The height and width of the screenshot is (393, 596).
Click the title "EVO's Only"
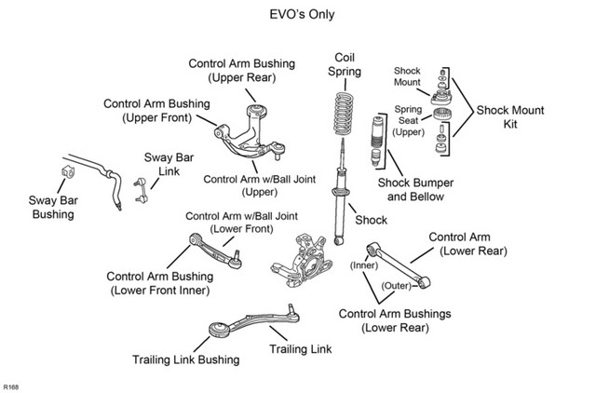click(x=302, y=15)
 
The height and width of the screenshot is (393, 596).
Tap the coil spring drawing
click(x=344, y=114)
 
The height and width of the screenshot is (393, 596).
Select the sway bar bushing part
click(x=68, y=171)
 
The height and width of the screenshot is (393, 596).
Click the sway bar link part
click(x=141, y=190)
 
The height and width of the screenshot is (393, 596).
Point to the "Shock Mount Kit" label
click(x=510, y=117)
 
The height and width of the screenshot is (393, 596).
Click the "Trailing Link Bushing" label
click(x=186, y=359)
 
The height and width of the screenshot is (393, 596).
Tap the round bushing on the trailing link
click(x=220, y=330)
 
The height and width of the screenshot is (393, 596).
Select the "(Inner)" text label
click(x=364, y=264)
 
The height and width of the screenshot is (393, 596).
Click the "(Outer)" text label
click(x=397, y=286)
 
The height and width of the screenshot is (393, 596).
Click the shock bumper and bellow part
click(x=375, y=141)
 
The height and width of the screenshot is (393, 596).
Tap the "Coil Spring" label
click(x=345, y=64)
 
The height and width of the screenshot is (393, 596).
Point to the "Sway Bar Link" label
click(x=169, y=164)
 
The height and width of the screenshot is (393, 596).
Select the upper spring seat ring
click(x=442, y=114)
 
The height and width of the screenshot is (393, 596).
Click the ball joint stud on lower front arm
click(x=236, y=255)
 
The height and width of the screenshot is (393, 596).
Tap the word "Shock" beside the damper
click(x=371, y=220)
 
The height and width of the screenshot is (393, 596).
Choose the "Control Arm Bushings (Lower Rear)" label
click(x=395, y=320)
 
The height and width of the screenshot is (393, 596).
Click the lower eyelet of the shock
click(x=339, y=240)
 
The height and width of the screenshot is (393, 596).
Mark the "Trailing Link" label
click(x=300, y=349)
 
